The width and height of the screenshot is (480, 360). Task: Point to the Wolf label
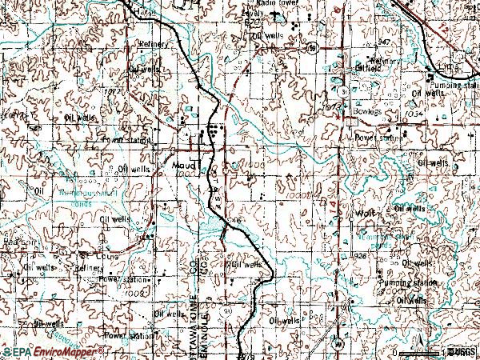[366, 214]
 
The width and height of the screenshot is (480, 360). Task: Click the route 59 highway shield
[312, 48]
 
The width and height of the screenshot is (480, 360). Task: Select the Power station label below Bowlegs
[376, 137]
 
